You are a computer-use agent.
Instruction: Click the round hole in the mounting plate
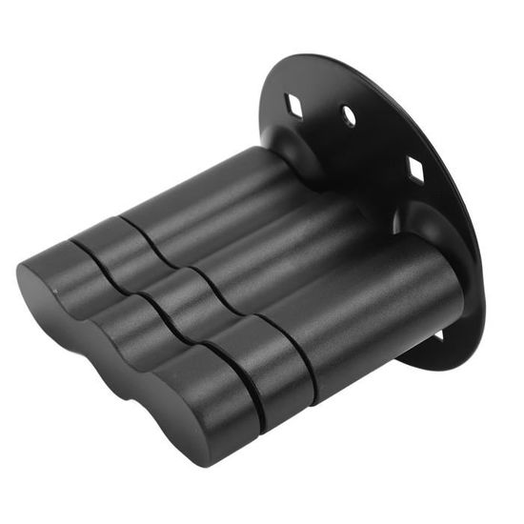[349, 117]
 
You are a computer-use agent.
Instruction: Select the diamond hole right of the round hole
[416, 169]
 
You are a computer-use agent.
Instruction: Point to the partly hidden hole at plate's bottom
[439, 336]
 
